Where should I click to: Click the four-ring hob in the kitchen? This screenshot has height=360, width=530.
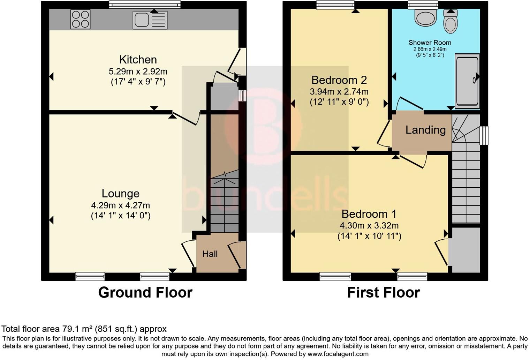[81, 19]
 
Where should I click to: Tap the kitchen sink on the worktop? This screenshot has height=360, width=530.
[150, 20]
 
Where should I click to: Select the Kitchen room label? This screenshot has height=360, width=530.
[138, 60]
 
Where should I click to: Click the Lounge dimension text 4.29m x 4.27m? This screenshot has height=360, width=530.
[120, 205]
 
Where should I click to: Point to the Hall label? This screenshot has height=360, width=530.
[210, 254]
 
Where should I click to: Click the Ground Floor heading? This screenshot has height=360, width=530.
[145, 292]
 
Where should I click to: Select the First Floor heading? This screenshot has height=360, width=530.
[383, 292]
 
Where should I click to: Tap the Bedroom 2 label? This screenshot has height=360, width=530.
[339, 80]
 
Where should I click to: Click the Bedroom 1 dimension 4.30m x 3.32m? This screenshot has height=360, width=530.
[369, 225]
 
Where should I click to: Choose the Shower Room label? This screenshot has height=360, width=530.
[430, 43]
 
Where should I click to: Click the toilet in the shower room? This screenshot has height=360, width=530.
[450, 22]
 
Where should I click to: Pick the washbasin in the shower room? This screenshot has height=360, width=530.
[425, 17]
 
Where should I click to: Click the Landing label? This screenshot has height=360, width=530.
[425, 130]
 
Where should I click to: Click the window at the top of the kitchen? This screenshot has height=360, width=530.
[145, 4]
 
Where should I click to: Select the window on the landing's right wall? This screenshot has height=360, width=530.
[484, 135]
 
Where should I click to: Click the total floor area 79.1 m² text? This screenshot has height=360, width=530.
[84, 329]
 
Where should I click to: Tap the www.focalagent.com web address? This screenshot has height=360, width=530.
[338, 354]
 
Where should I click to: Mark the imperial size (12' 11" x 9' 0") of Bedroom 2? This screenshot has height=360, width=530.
[339, 102]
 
